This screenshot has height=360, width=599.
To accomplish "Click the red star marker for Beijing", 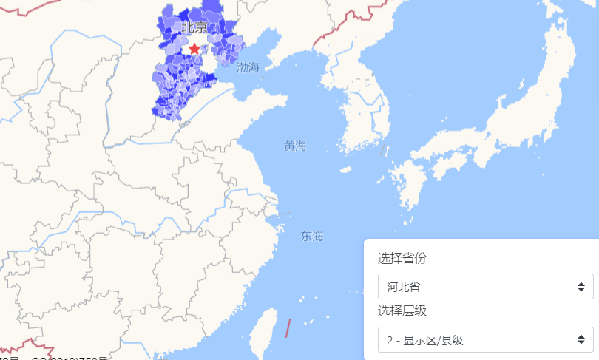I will (194, 49).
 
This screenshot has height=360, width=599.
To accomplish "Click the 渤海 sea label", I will (248, 68).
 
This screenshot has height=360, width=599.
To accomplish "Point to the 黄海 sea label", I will (295, 146).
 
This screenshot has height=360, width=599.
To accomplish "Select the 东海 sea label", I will (312, 237).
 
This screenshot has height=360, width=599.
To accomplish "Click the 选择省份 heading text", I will (402, 259).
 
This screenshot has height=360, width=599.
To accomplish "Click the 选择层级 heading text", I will (402, 310).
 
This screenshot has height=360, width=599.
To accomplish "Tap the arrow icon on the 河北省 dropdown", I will (581, 287).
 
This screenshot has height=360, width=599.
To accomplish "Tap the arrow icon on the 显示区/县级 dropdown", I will (581, 340).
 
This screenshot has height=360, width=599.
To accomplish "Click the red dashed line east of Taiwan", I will (288, 328).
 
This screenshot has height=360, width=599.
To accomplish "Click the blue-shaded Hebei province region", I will (177, 81).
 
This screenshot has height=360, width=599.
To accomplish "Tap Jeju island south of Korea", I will (346, 169).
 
